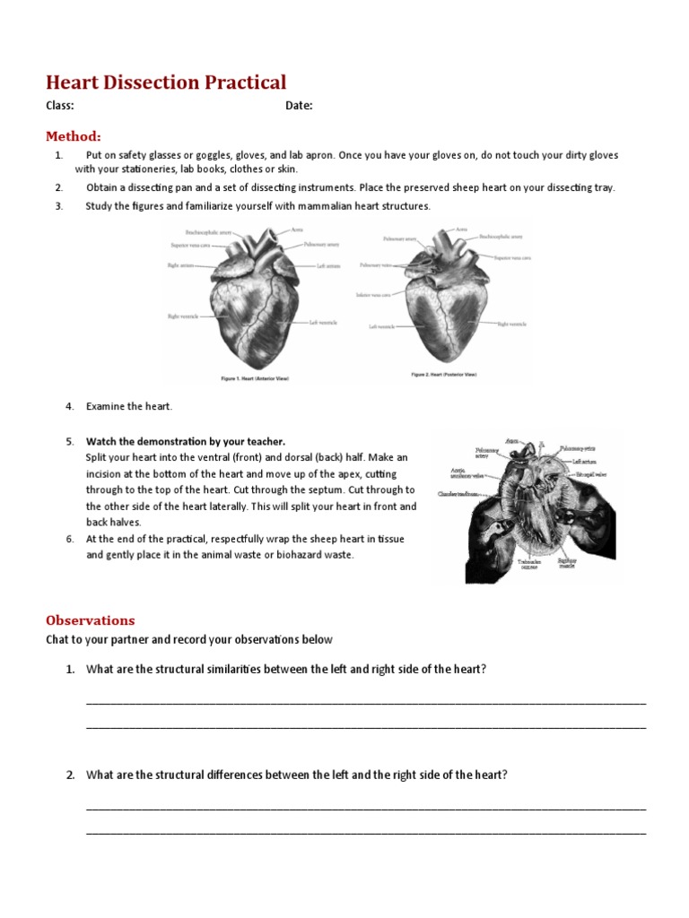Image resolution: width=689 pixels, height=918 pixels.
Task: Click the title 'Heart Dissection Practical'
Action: point(166,82)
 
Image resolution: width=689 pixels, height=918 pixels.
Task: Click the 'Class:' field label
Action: point(60,106)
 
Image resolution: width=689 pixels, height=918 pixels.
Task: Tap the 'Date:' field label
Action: point(299,106)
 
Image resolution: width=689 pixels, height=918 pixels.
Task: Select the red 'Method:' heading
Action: point(74,136)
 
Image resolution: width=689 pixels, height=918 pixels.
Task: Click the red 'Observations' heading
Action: point(91,619)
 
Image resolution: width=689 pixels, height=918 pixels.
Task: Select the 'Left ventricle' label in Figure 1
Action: point(324,323)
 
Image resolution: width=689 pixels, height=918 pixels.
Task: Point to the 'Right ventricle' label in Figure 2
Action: point(515,324)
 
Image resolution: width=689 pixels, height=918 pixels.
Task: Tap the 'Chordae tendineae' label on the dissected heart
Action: point(457,494)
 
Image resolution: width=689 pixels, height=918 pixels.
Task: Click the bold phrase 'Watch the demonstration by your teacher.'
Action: point(186,441)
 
